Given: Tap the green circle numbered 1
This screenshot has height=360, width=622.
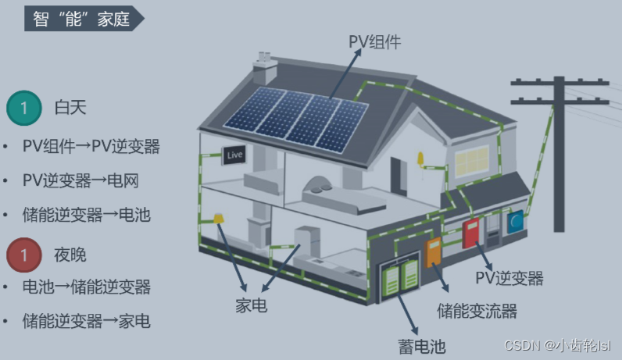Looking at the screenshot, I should point(24,109).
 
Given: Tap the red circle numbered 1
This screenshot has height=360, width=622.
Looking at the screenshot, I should point(24,255).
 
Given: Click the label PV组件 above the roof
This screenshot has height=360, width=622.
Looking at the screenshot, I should point(374,42).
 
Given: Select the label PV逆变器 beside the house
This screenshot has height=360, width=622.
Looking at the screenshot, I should point(509,278).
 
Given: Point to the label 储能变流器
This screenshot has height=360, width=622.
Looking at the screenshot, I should point(477,311).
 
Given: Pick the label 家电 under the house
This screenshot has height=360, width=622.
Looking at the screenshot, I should point(251,305).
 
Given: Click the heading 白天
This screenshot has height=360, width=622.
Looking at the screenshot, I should point(70,109).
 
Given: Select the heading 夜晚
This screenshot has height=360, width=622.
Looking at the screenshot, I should point(70,255).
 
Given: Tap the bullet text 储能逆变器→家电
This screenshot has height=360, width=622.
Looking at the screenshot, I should point(86,321).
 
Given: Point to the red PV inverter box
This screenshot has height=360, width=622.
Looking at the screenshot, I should point(471,233).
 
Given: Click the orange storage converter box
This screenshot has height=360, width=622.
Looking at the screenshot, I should point(434,253).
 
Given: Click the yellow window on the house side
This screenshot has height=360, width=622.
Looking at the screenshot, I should point(471,161).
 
